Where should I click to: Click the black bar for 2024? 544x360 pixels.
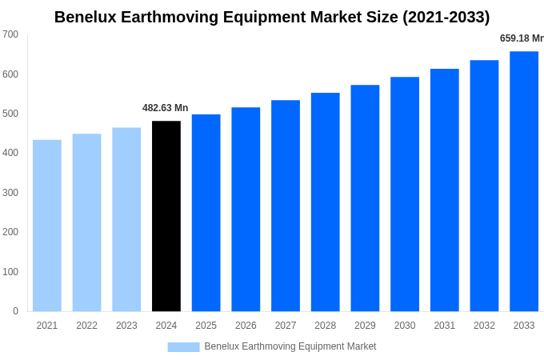166,216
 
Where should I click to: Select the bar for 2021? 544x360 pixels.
47,226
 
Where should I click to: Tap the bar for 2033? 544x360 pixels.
524,182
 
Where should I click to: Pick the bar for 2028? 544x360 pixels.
326,202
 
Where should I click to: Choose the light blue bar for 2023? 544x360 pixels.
126,219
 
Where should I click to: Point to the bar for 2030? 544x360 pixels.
405,194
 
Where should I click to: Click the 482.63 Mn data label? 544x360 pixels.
166,108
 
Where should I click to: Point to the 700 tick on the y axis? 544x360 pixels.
10,34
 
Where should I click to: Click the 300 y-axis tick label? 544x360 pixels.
10,193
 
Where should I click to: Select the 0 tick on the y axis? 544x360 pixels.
15,311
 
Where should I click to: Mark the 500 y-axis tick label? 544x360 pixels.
10,114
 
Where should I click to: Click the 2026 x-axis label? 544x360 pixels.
246,326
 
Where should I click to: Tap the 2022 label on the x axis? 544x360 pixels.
86,326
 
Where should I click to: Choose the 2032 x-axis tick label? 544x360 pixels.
484,326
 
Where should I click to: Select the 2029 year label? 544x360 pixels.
365,326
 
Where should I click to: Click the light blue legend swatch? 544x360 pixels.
183,347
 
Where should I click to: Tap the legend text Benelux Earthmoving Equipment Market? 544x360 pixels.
290,346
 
